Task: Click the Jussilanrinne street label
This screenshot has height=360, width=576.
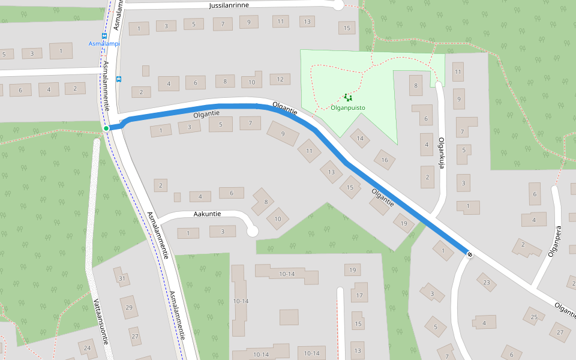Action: coord(229,5)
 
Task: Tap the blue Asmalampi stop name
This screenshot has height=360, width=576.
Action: coord(104,44)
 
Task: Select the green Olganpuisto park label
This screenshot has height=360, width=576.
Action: coord(348,108)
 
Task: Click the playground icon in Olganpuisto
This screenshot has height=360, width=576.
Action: coord(347,97)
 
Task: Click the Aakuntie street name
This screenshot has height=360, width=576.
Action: coord(208,214)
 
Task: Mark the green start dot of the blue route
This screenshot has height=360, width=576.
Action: coord(106,128)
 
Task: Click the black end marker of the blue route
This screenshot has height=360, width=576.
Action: coord(469,254)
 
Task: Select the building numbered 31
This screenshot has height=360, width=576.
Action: coord(122,278)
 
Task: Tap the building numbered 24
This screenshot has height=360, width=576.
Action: coord(88,348)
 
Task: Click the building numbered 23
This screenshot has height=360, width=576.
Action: coord(487,283)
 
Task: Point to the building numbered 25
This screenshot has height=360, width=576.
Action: coord(534,317)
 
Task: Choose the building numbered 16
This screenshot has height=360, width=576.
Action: coord(385,160)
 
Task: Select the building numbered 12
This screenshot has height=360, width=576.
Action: coord(280,79)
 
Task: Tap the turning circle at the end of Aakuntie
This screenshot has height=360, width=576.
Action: coord(252,231)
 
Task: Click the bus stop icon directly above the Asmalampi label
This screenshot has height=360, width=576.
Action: coord(104,35)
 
